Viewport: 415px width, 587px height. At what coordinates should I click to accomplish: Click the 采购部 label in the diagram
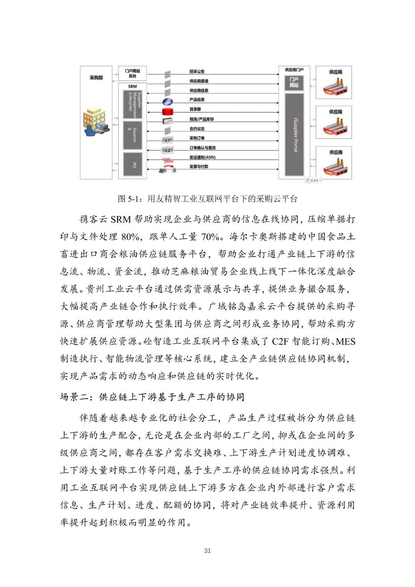(96, 78)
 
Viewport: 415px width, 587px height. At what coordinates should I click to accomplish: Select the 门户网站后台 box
(133, 73)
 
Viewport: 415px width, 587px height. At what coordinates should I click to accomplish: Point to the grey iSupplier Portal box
(295, 135)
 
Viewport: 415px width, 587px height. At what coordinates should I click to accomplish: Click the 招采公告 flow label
(197, 72)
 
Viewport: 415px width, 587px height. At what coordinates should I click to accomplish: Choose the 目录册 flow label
(195, 109)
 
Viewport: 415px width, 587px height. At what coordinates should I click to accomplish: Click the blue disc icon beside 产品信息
(168, 101)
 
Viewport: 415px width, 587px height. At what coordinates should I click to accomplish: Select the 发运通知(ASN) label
(202, 157)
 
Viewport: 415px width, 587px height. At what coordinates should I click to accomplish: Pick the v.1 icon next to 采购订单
(167, 140)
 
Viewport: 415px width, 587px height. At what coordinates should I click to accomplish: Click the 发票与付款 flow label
(199, 166)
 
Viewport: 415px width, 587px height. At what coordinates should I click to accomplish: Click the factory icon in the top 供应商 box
(335, 88)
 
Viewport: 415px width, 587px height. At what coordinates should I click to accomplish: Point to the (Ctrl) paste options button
(313, 180)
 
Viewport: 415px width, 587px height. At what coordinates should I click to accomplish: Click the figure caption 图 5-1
(207, 199)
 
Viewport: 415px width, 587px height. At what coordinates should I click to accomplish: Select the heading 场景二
(152, 397)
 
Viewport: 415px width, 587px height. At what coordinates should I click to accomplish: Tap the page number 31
(207, 550)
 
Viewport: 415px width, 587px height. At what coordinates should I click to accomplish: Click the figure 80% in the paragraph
(130, 237)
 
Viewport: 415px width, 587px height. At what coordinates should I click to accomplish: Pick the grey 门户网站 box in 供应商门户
(294, 82)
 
